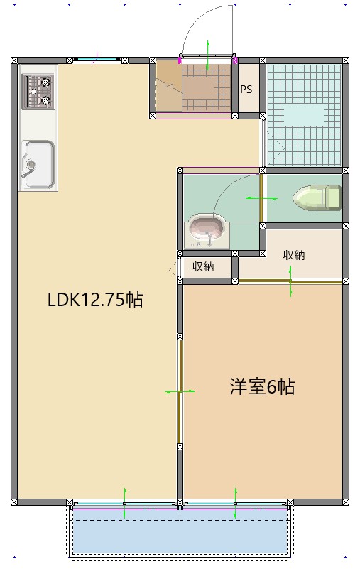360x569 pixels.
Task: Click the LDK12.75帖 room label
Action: pos(95,300)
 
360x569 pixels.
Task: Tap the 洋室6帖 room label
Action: pos(261,387)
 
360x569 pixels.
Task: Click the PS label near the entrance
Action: pos(246,90)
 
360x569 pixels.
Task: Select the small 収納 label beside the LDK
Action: pos(203,267)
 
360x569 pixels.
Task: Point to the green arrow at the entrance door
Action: pos(208,55)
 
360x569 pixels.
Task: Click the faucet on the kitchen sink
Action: pos(29,168)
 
